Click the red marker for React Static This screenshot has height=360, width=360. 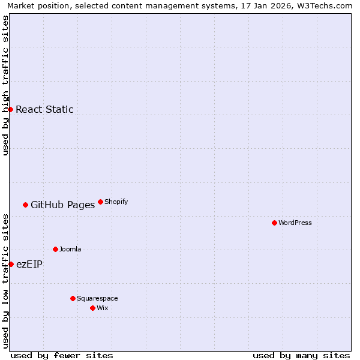[10, 109]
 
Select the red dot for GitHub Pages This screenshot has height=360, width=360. [25, 205]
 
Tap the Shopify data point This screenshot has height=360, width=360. [100, 202]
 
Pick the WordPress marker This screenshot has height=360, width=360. [274, 223]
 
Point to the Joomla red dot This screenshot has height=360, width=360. [55, 249]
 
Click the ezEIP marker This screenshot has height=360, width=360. [11, 264]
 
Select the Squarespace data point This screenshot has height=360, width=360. [73, 298]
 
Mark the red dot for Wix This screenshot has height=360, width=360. [92, 308]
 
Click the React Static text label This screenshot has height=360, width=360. [44, 109]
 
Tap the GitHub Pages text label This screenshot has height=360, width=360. [62, 205]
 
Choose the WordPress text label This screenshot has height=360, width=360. [295, 223]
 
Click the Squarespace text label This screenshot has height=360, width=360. [97, 298]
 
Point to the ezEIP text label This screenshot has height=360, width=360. [29, 264]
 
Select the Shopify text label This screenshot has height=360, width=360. [116, 202]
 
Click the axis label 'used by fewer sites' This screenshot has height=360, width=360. [62, 355]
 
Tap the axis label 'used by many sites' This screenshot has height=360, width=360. [301, 355]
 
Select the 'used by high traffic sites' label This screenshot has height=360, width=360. [5, 85]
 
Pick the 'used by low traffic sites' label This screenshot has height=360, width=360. [5, 281]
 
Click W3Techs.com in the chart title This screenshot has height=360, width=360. [326, 5]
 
